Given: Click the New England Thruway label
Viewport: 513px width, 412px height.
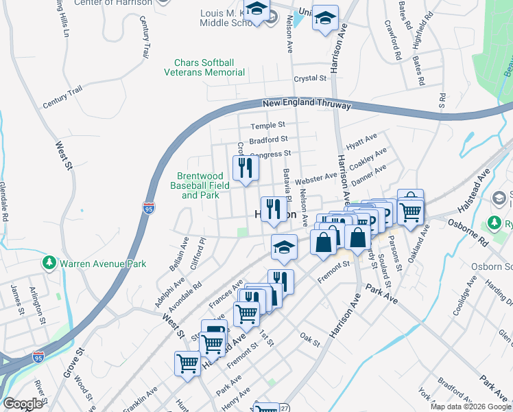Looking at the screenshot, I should (x=307, y=105).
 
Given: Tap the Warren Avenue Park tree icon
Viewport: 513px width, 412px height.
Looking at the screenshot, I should (x=49, y=263).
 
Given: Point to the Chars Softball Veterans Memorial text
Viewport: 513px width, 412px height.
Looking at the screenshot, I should (x=204, y=67).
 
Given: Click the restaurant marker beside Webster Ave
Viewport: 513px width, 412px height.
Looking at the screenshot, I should (x=245, y=168).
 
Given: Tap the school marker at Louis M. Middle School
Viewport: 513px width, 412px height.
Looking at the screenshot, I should (x=257, y=12).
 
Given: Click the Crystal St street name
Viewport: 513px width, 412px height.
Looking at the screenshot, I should (x=309, y=79).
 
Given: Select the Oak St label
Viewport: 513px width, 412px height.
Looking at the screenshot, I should (x=310, y=339).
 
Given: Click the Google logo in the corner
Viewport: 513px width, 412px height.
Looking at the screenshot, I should (x=23, y=404).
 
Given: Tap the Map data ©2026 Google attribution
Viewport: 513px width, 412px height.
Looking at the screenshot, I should (x=470, y=407).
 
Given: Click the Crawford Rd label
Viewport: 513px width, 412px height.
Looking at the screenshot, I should (x=396, y=41).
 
